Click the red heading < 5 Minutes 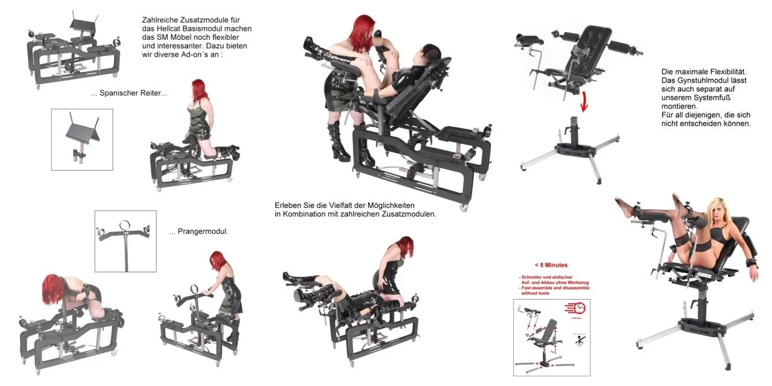[x=551, y=265]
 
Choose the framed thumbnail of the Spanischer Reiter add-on [x=82, y=139]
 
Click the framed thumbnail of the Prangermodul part [x=125, y=241]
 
